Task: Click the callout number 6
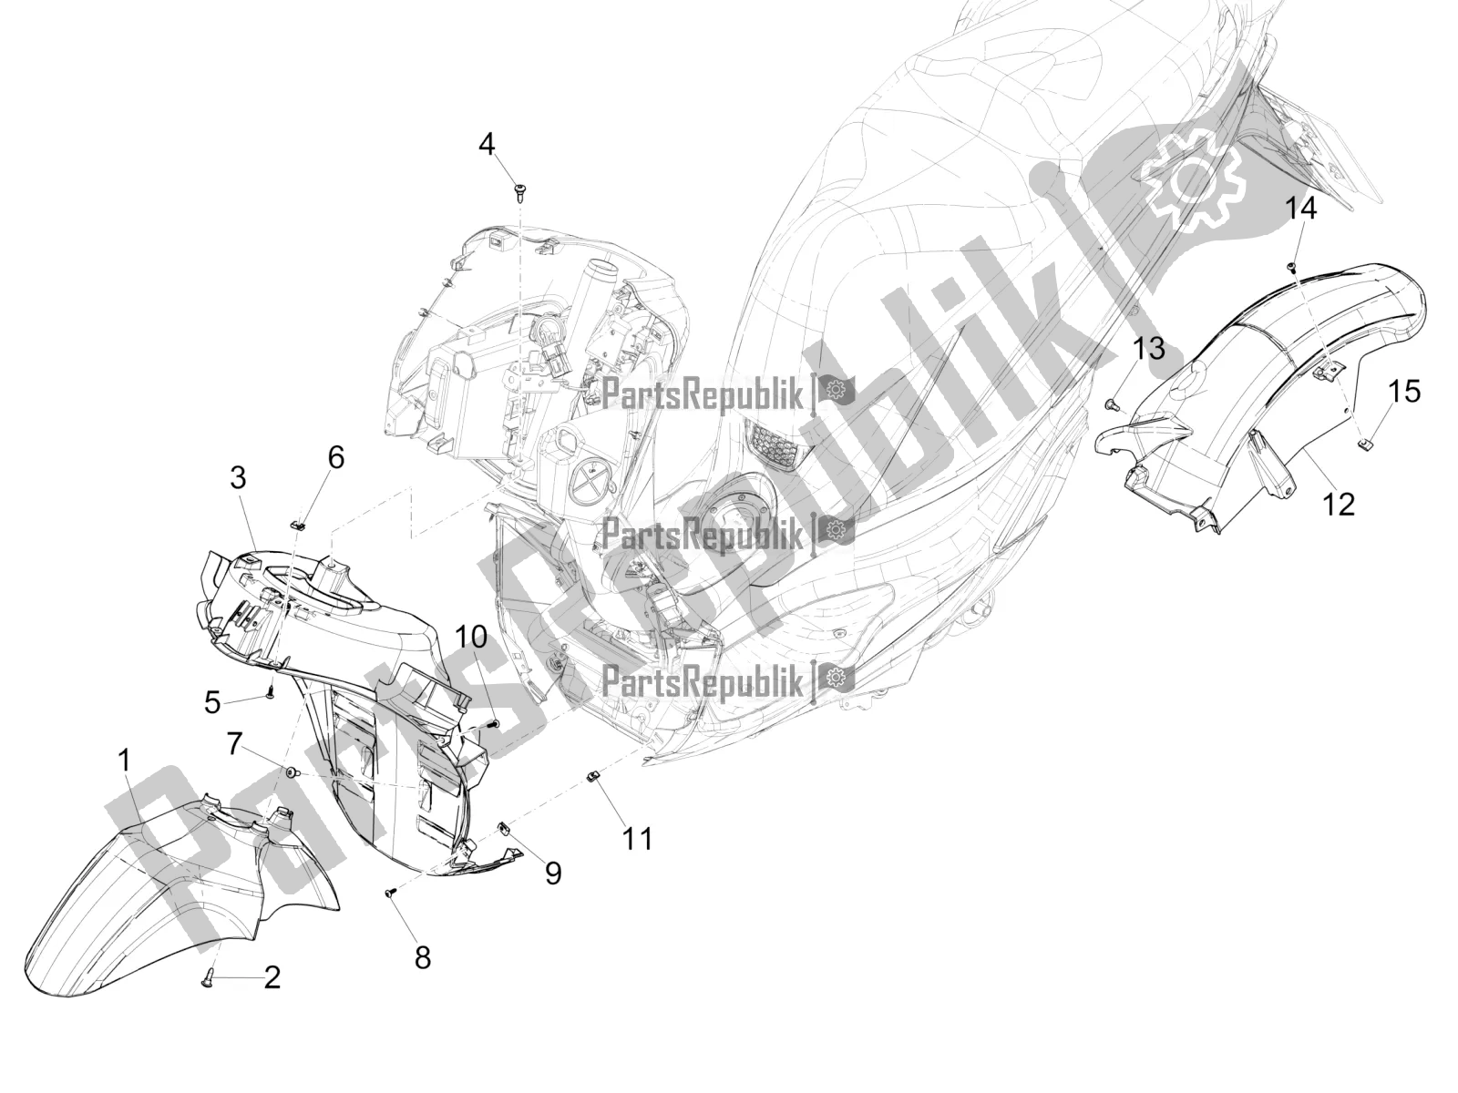[337, 457]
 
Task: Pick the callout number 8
[422, 957]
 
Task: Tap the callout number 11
[637, 839]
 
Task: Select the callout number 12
[1338, 505]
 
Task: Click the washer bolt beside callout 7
[293, 771]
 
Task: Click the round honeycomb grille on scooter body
[775, 439]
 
